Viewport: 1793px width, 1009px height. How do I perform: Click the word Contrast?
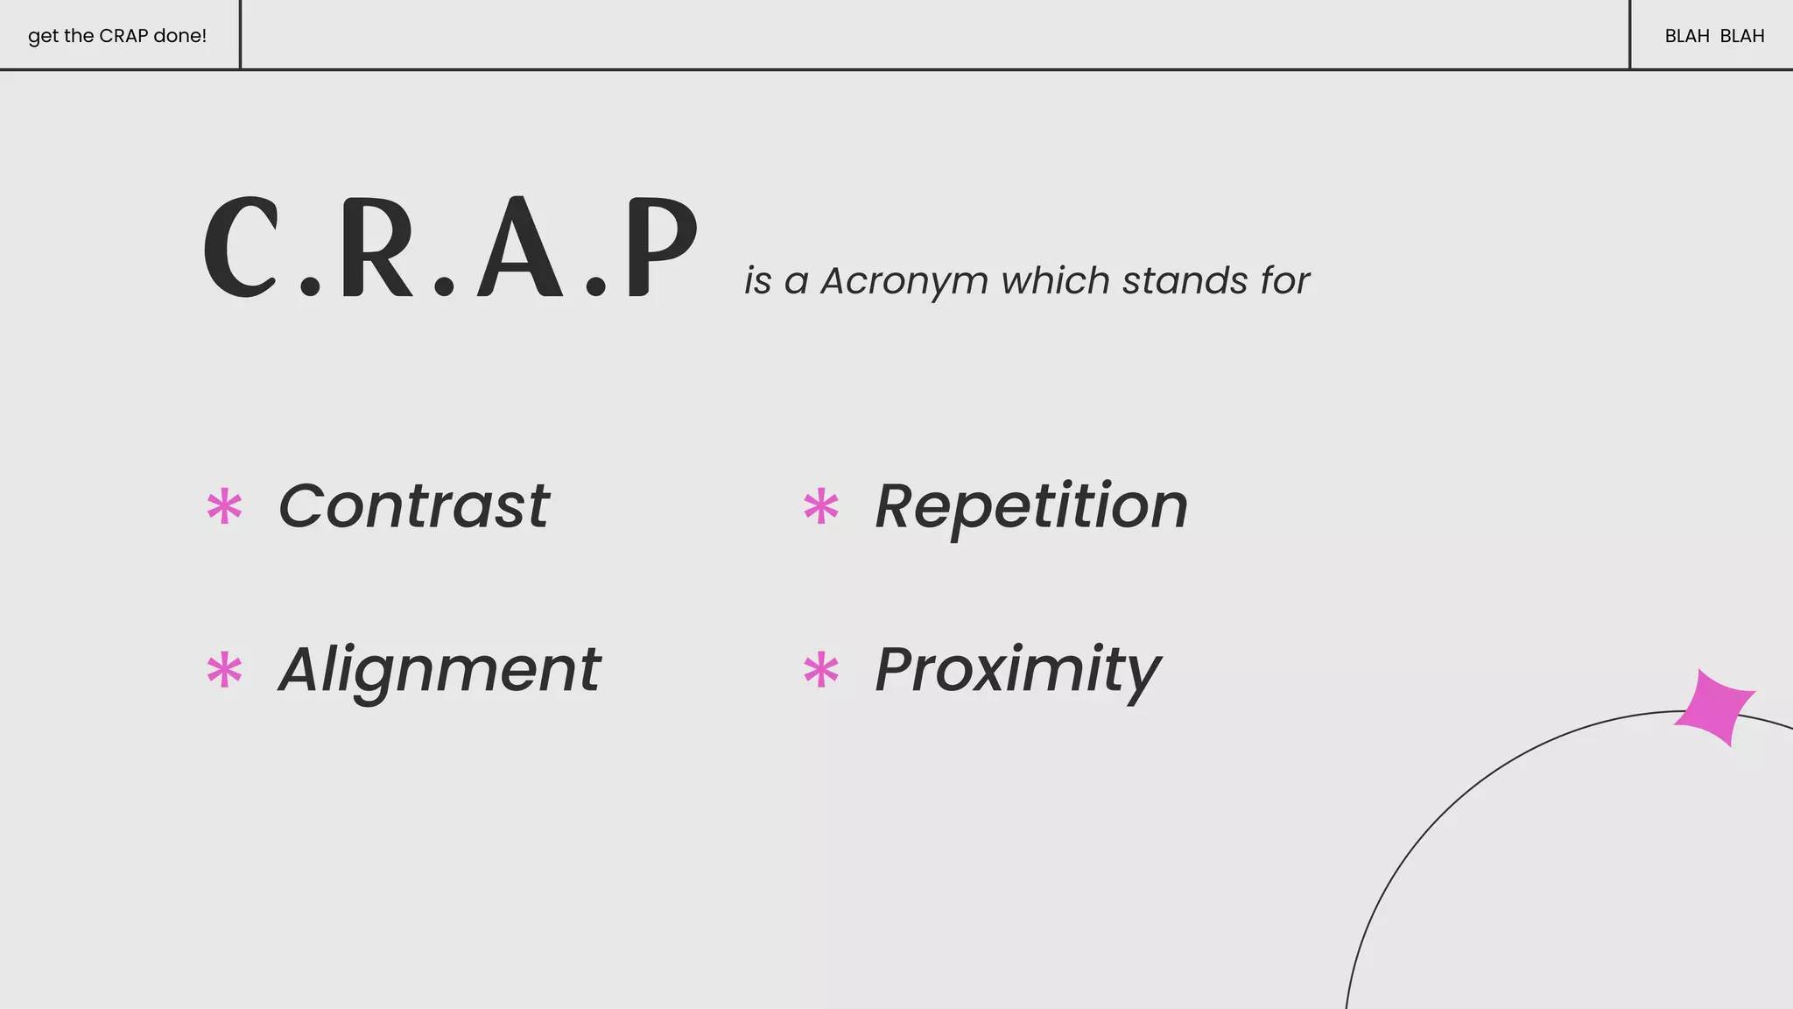click(x=413, y=506)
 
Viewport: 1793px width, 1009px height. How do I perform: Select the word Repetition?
click(x=1031, y=506)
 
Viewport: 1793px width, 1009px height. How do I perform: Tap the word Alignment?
click(x=439, y=670)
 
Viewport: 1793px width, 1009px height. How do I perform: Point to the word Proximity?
click(x=1017, y=670)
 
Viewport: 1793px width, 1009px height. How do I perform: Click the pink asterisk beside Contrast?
click(x=224, y=506)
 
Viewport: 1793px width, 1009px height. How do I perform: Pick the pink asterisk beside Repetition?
click(x=821, y=506)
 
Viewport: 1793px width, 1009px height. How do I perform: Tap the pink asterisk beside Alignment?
click(x=224, y=671)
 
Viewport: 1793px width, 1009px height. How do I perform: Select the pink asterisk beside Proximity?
click(x=821, y=671)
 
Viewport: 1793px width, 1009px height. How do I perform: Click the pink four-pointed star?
click(x=1714, y=707)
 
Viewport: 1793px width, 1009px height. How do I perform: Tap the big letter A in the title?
click(x=520, y=247)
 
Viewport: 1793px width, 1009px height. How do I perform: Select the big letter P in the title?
click(x=660, y=247)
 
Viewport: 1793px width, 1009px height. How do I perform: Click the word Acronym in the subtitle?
click(x=904, y=281)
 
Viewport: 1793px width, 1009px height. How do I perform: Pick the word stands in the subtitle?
click(x=1185, y=281)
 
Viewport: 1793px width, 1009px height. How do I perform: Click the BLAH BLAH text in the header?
click(x=1714, y=36)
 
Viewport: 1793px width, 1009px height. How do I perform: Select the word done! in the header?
click(x=179, y=36)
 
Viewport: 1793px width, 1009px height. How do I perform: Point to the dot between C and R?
click(x=310, y=286)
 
